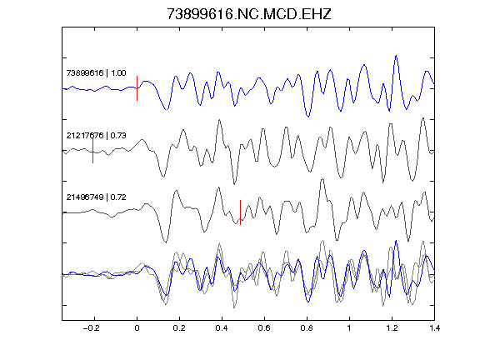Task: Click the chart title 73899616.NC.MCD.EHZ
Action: coord(249,14)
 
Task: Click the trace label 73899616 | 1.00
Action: coord(96,73)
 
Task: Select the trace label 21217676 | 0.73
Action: coord(96,135)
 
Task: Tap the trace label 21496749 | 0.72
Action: coord(96,197)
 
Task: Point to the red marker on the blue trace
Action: coord(137,88)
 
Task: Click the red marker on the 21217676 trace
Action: coord(92,151)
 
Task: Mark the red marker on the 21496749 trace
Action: coord(240,212)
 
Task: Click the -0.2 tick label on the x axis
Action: coord(92,328)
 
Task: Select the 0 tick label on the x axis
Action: coord(137,328)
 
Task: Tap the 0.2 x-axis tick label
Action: coord(179,328)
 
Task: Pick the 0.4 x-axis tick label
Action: coord(222,328)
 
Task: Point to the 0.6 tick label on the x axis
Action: coord(264,328)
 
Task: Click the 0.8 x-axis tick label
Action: coord(307,328)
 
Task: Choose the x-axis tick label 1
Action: coord(349,328)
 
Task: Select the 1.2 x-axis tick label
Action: coord(392,328)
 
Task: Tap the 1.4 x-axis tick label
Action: coord(434,328)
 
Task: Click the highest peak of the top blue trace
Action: coord(397,56)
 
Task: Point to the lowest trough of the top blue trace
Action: coord(308,117)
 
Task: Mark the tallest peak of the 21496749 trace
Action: coord(322,179)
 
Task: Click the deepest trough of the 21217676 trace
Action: coord(234,184)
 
